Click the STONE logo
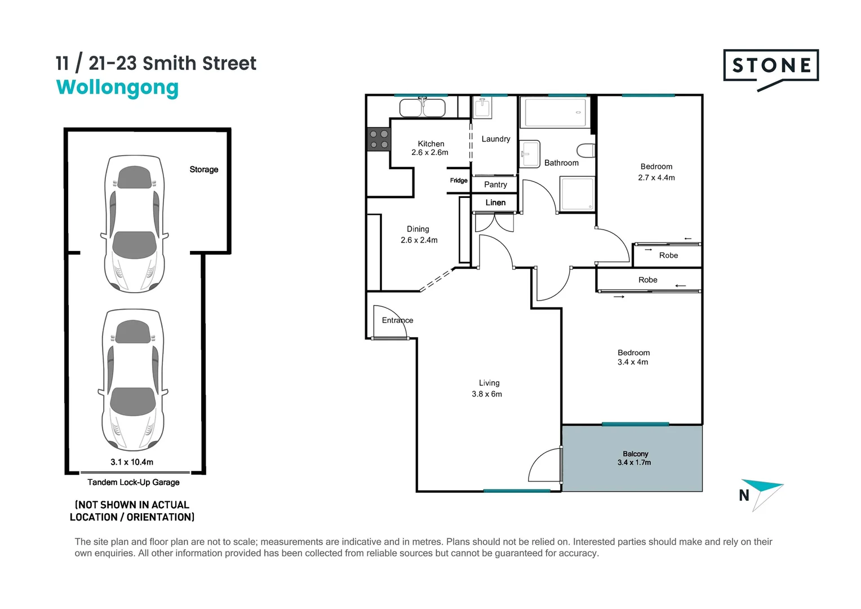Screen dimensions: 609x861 point(770,67)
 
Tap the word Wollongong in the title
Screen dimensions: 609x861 point(117,88)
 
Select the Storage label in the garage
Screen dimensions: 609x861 point(203,169)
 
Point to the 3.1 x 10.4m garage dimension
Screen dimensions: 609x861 point(132,462)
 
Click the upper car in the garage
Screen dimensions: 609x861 point(135,223)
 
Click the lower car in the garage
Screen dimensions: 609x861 point(133,379)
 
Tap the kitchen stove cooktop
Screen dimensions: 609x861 point(379,139)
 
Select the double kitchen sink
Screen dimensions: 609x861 point(423,108)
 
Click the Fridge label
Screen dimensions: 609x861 point(459,180)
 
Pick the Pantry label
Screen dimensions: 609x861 point(495,184)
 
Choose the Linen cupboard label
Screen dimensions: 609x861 point(495,202)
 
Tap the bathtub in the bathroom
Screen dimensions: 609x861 point(556,112)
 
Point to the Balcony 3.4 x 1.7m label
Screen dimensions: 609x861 point(634,458)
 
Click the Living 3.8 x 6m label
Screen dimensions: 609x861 point(487,389)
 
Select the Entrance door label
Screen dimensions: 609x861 point(397,320)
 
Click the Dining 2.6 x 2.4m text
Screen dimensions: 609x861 point(419,235)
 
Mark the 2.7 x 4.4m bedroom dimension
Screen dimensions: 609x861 point(656,178)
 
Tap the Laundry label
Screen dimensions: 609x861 point(496,139)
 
